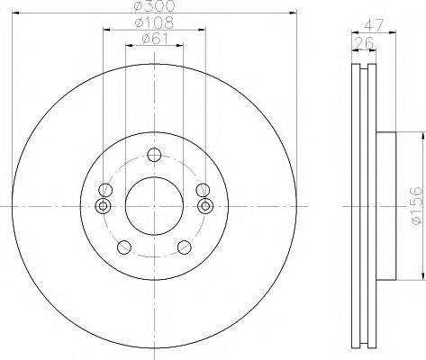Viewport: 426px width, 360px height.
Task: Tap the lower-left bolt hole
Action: [122, 247]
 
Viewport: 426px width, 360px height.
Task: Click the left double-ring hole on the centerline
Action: [103, 206]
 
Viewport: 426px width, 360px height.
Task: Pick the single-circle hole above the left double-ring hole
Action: [104, 190]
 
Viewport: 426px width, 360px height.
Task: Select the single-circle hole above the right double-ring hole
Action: [201, 189]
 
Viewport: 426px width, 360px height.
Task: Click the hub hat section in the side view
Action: [385, 206]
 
